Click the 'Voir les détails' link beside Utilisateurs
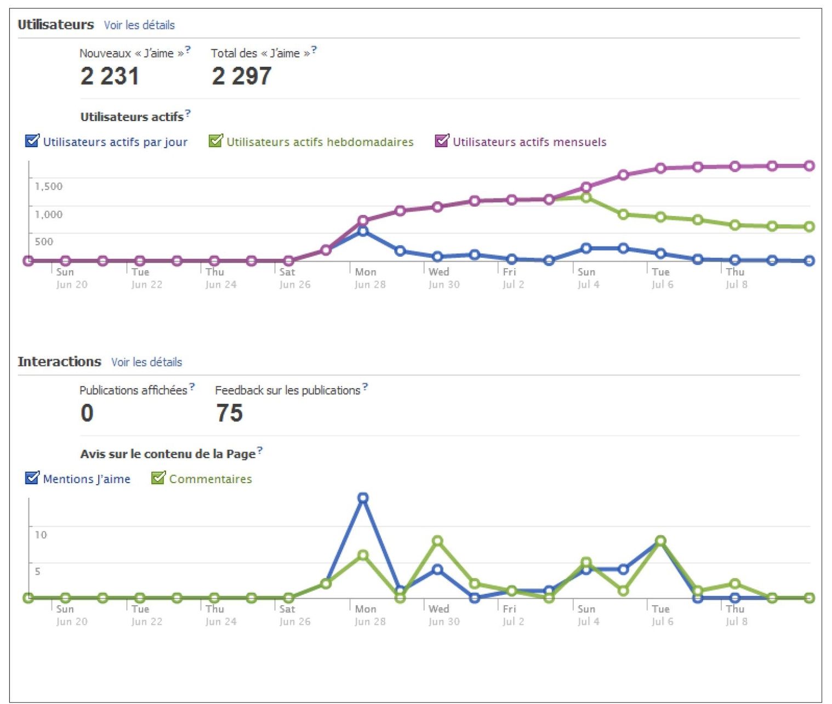coord(139,25)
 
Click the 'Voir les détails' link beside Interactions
coord(146,362)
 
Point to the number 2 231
coord(110,76)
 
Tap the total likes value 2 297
coord(242,76)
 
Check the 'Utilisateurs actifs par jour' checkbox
coord(32,141)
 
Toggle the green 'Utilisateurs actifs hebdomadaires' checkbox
coord(215,141)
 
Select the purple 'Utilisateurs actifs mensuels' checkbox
coord(442,141)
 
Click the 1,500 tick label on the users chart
coord(49,186)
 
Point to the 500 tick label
coord(44,242)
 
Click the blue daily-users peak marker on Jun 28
coord(363,231)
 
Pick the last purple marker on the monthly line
coord(809,166)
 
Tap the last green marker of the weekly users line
coord(809,226)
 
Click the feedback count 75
coord(229,413)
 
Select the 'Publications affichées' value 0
coord(87,413)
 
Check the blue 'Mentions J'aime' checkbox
coord(32,478)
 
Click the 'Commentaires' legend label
coord(210,479)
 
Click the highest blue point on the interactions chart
coord(363,498)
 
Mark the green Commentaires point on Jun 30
coord(437,541)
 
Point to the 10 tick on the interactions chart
coord(41,535)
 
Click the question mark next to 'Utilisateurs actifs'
coord(188,113)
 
